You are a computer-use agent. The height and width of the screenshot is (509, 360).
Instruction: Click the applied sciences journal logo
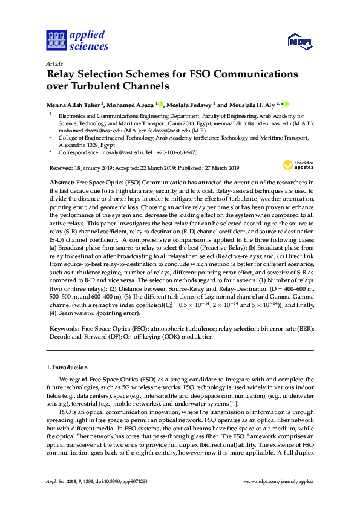(x=77, y=40)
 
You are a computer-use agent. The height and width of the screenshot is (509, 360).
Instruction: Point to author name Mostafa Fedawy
(x=189, y=104)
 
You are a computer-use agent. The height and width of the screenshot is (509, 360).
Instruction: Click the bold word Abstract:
(x=62, y=183)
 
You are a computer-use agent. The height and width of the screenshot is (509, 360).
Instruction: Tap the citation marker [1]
(x=234, y=403)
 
